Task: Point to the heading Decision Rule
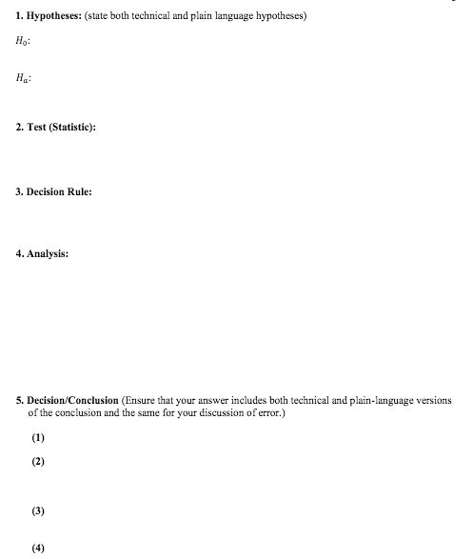59,191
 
